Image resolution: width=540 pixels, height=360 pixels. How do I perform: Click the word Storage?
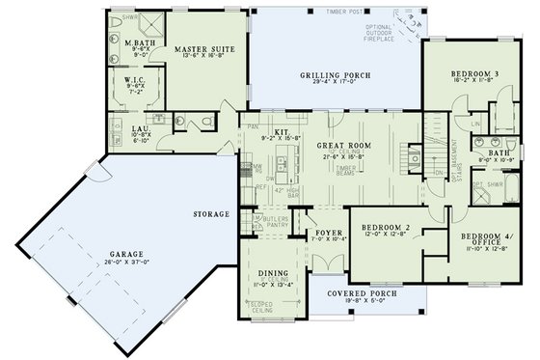[x=211, y=213]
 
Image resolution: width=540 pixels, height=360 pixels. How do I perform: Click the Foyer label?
[x=318, y=233]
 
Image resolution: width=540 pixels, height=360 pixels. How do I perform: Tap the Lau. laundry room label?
[x=140, y=126]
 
